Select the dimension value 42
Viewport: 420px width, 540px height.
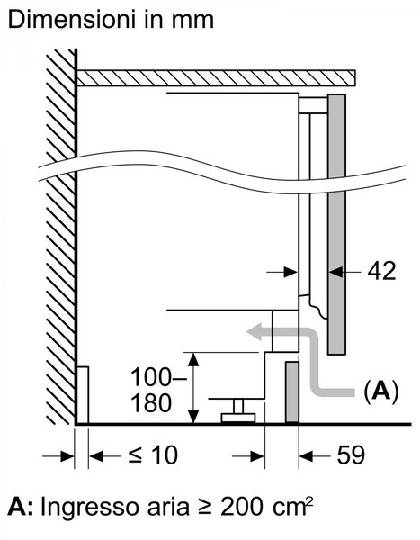[381, 272]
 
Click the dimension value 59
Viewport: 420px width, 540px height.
[351, 454]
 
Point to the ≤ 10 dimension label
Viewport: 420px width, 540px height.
[153, 454]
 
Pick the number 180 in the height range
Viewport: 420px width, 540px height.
[151, 403]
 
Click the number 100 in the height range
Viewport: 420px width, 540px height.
[151, 377]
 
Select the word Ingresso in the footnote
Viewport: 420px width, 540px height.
[86, 508]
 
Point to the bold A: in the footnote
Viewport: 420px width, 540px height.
[21, 507]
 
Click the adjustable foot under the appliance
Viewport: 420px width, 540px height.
[238, 411]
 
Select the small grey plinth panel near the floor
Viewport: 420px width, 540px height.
[292, 391]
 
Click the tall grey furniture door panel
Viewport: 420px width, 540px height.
[336, 224]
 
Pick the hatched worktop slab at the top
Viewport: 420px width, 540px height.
[216, 77]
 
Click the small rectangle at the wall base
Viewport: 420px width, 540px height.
[83, 395]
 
